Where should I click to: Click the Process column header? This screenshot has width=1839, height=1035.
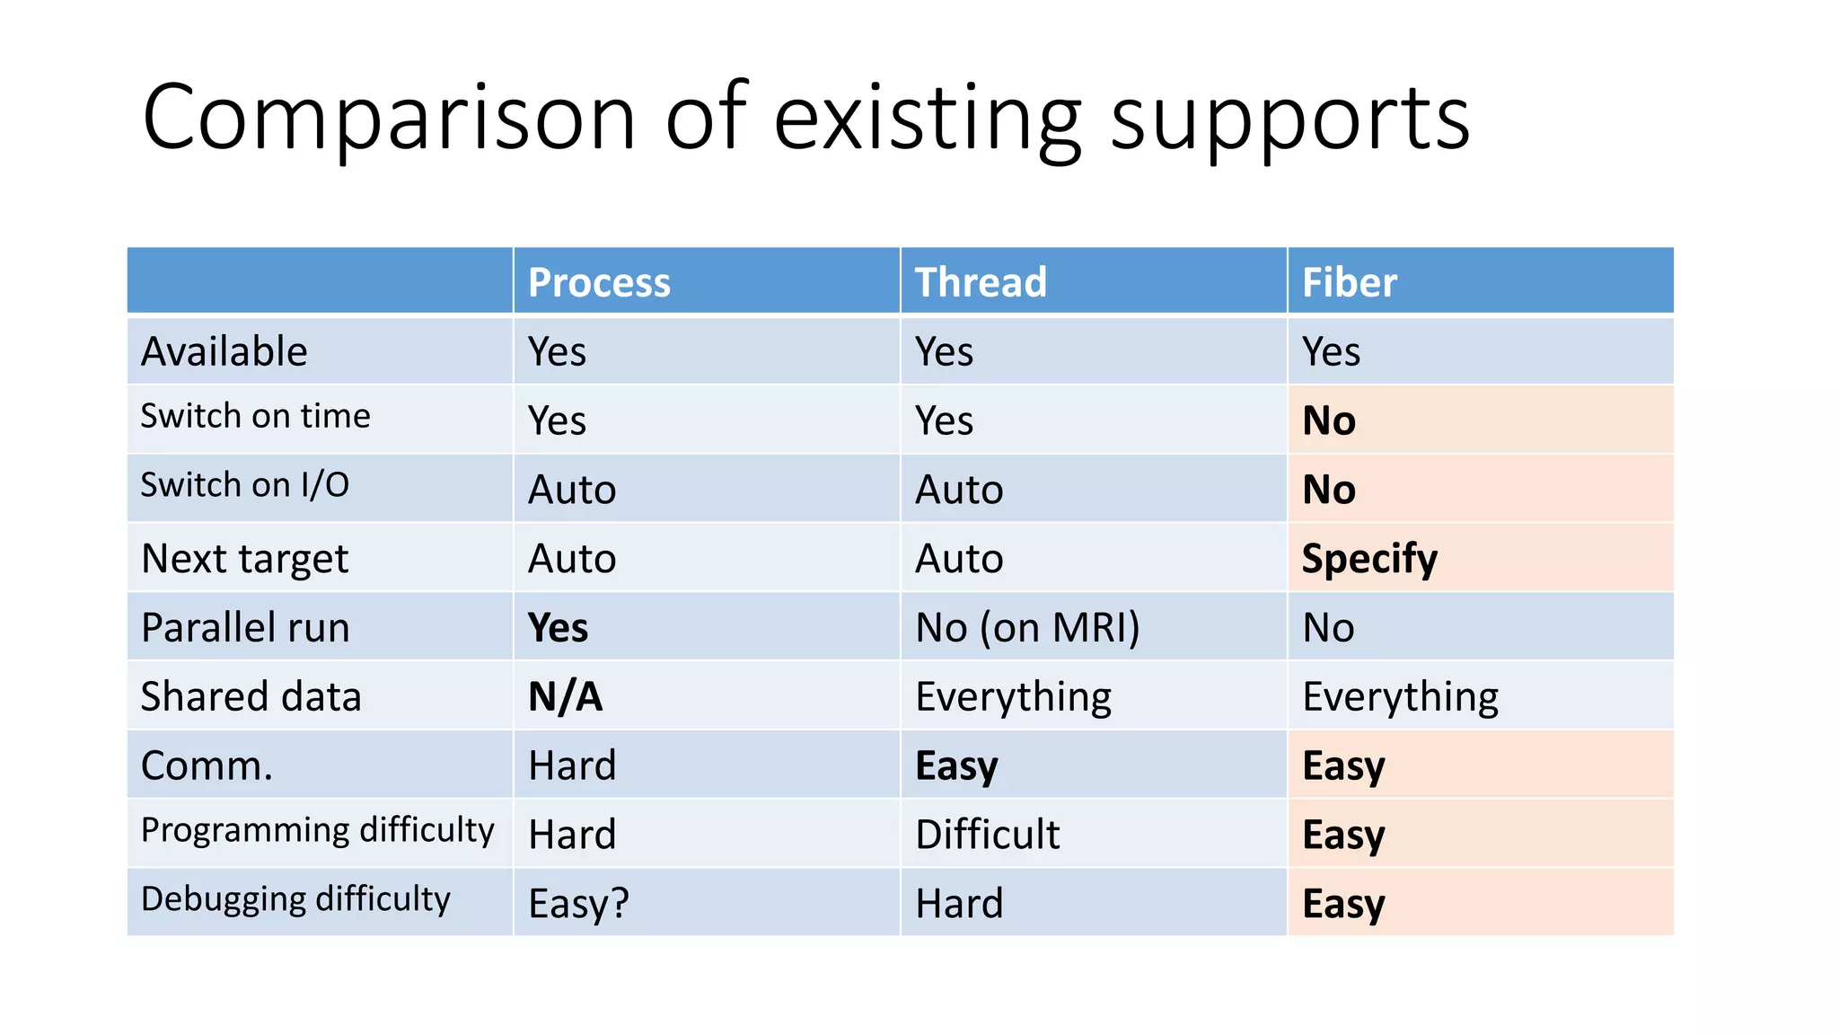pyautogui.click(x=599, y=283)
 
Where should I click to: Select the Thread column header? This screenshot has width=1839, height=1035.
pyautogui.click(x=981, y=283)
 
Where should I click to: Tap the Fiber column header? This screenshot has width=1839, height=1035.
pyautogui.click(x=1349, y=283)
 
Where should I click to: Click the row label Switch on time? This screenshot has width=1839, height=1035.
pyautogui.click(x=255, y=416)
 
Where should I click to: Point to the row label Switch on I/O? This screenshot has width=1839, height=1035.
pyautogui.click(x=244, y=485)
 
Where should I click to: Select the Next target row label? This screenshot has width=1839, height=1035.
pyautogui.click(x=244, y=559)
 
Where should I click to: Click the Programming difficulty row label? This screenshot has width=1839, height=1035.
pyautogui.click(x=317, y=830)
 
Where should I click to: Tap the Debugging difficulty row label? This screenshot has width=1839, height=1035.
pyautogui.click(x=295, y=899)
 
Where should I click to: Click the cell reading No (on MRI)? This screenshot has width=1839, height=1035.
pyautogui.click(x=1027, y=628)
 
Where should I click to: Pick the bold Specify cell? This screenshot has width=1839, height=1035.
pyautogui.click(x=1369, y=559)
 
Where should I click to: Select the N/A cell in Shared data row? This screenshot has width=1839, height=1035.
pyautogui.click(x=565, y=697)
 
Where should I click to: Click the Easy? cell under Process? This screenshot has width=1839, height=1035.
pyautogui.click(x=578, y=904)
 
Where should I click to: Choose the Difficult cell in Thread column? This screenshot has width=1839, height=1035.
pyautogui.click(x=987, y=835)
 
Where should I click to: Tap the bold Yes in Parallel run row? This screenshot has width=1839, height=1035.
pyautogui.click(x=558, y=628)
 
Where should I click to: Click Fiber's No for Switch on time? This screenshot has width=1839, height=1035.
pyautogui.click(x=1329, y=420)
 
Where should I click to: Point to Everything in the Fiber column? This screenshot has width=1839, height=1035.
pyautogui.click(x=1400, y=697)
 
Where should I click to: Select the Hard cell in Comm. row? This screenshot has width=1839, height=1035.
pyautogui.click(x=572, y=765)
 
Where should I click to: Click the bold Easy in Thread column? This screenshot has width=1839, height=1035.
pyautogui.click(x=956, y=765)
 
